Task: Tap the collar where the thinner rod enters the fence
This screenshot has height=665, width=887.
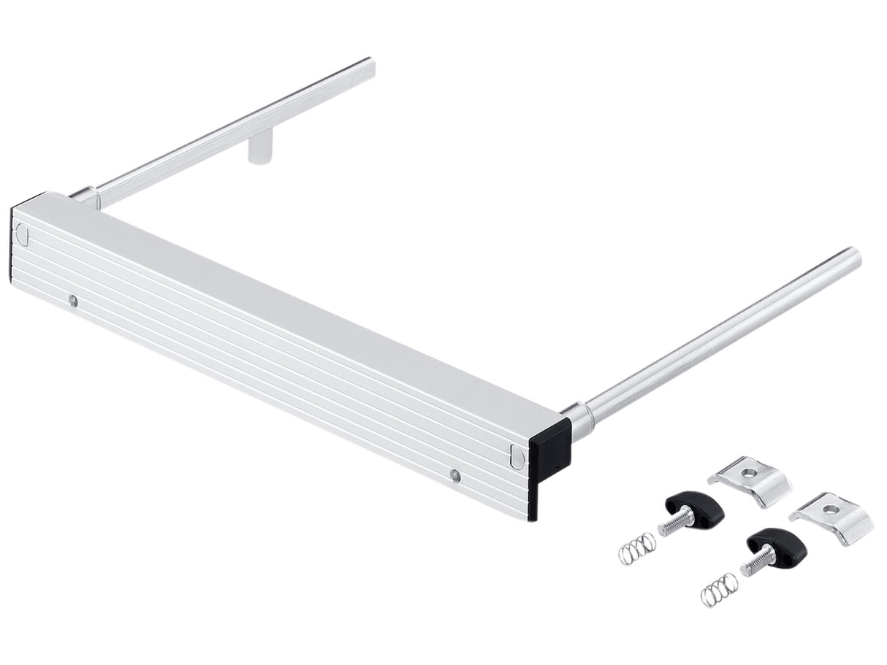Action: (86, 196)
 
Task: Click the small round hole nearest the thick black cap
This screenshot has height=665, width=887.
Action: (454, 476)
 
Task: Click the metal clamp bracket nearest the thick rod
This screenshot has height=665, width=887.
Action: (751, 480)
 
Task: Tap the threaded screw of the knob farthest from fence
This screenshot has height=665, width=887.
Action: (754, 562)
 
